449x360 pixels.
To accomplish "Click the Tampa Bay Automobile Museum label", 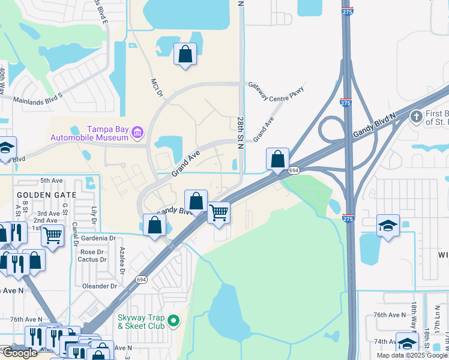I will tap(108, 133).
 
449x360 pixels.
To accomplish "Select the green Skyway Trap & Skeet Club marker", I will tap(174, 321).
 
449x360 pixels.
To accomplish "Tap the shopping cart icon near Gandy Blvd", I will tap(219, 212).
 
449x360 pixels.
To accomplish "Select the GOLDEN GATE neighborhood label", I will tap(46, 195).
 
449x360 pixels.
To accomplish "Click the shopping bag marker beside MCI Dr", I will tap(185, 54).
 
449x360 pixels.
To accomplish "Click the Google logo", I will tap(19, 353).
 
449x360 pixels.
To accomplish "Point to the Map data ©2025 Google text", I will tap(412, 355).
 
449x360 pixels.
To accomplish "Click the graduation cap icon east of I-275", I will tap(388, 226).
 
